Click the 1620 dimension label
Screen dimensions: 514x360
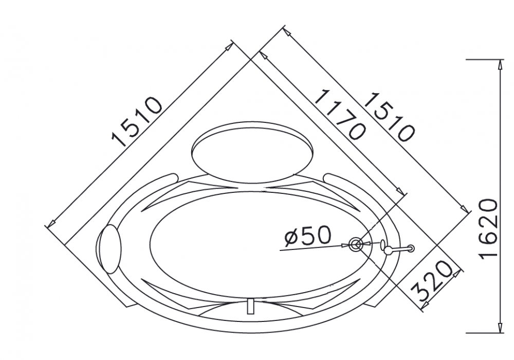[489, 228]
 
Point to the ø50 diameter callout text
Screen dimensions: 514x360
[308, 236]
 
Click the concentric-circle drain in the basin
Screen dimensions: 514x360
[356, 244]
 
